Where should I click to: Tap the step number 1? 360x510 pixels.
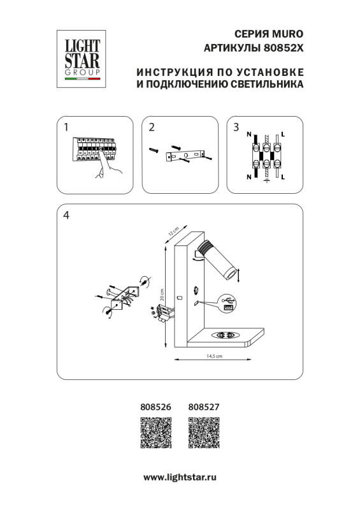[x=66, y=127]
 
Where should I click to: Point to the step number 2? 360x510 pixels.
[x=151, y=127]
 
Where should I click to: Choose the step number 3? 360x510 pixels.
[x=236, y=127]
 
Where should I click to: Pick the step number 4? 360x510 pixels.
[x=66, y=215]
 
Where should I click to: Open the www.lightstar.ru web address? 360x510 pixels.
[x=180, y=476]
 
